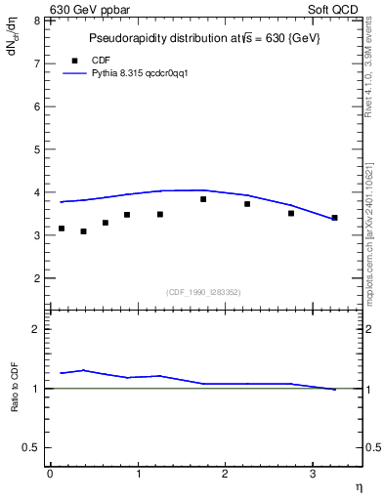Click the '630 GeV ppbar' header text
[89, 9]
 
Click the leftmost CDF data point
[62, 229]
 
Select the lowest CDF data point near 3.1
[83, 231]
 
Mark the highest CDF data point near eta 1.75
[203, 199]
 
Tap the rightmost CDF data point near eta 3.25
[334, 218]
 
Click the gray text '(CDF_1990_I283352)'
[202, 291]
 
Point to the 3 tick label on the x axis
[313, 474]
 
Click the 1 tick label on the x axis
[138, 474]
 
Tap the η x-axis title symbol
[357, 486]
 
